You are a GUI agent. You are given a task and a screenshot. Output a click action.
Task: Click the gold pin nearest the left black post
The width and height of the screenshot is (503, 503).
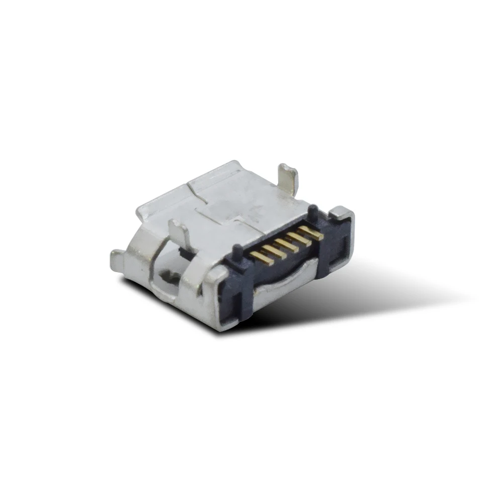click(261, 258)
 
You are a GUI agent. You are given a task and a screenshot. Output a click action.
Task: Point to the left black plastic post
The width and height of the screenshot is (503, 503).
click(235, 250)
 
